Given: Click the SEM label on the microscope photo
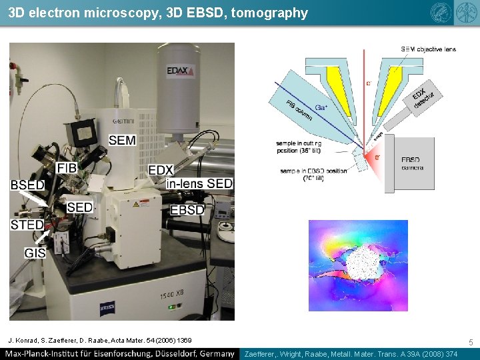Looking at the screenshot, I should tap(121, 140).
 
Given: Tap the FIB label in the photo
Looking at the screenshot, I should tap(67, 167).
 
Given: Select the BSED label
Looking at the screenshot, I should tap(27, 185).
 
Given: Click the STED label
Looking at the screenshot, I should tap(27, 225).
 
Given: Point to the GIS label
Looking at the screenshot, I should tap(35, 253).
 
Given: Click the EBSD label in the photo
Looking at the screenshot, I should tap(187, 210).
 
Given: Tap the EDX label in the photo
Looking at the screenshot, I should tap(161, 171).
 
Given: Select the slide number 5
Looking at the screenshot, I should tap(471, 342).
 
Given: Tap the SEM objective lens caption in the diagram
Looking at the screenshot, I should tap(428, 49).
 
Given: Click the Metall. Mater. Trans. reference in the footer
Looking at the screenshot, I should tap(351, 354).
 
